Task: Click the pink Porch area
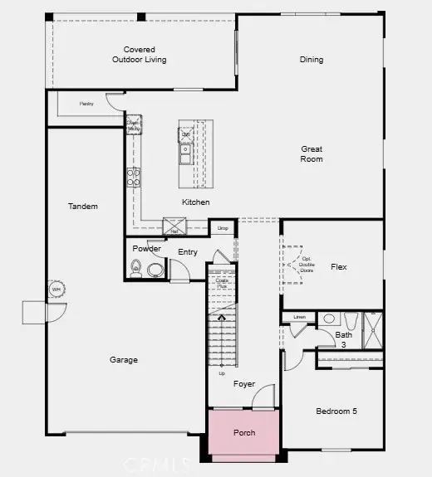(x=243, y=432)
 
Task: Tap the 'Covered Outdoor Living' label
(x=140, y=55)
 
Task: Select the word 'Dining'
(x=312, y=60)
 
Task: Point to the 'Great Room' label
(x=312, y=154)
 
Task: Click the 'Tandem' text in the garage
(x=83, y=207)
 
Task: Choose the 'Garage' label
(x=123, y=360)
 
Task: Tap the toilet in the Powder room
(x=137, y=267)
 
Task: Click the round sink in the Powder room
(x=155, y=269)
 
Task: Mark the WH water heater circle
(x=56, y=289)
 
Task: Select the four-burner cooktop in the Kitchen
(x=133, y=176)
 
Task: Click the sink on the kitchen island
(x=186, y=153)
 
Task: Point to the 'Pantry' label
(x=86, y=104)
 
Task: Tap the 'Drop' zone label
(x=222, y=227)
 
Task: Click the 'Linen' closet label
(x=300, y=318)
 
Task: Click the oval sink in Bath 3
(x=328, y=318)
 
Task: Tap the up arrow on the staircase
(x=221, y=317)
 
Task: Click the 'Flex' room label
(x=338, y=267)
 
